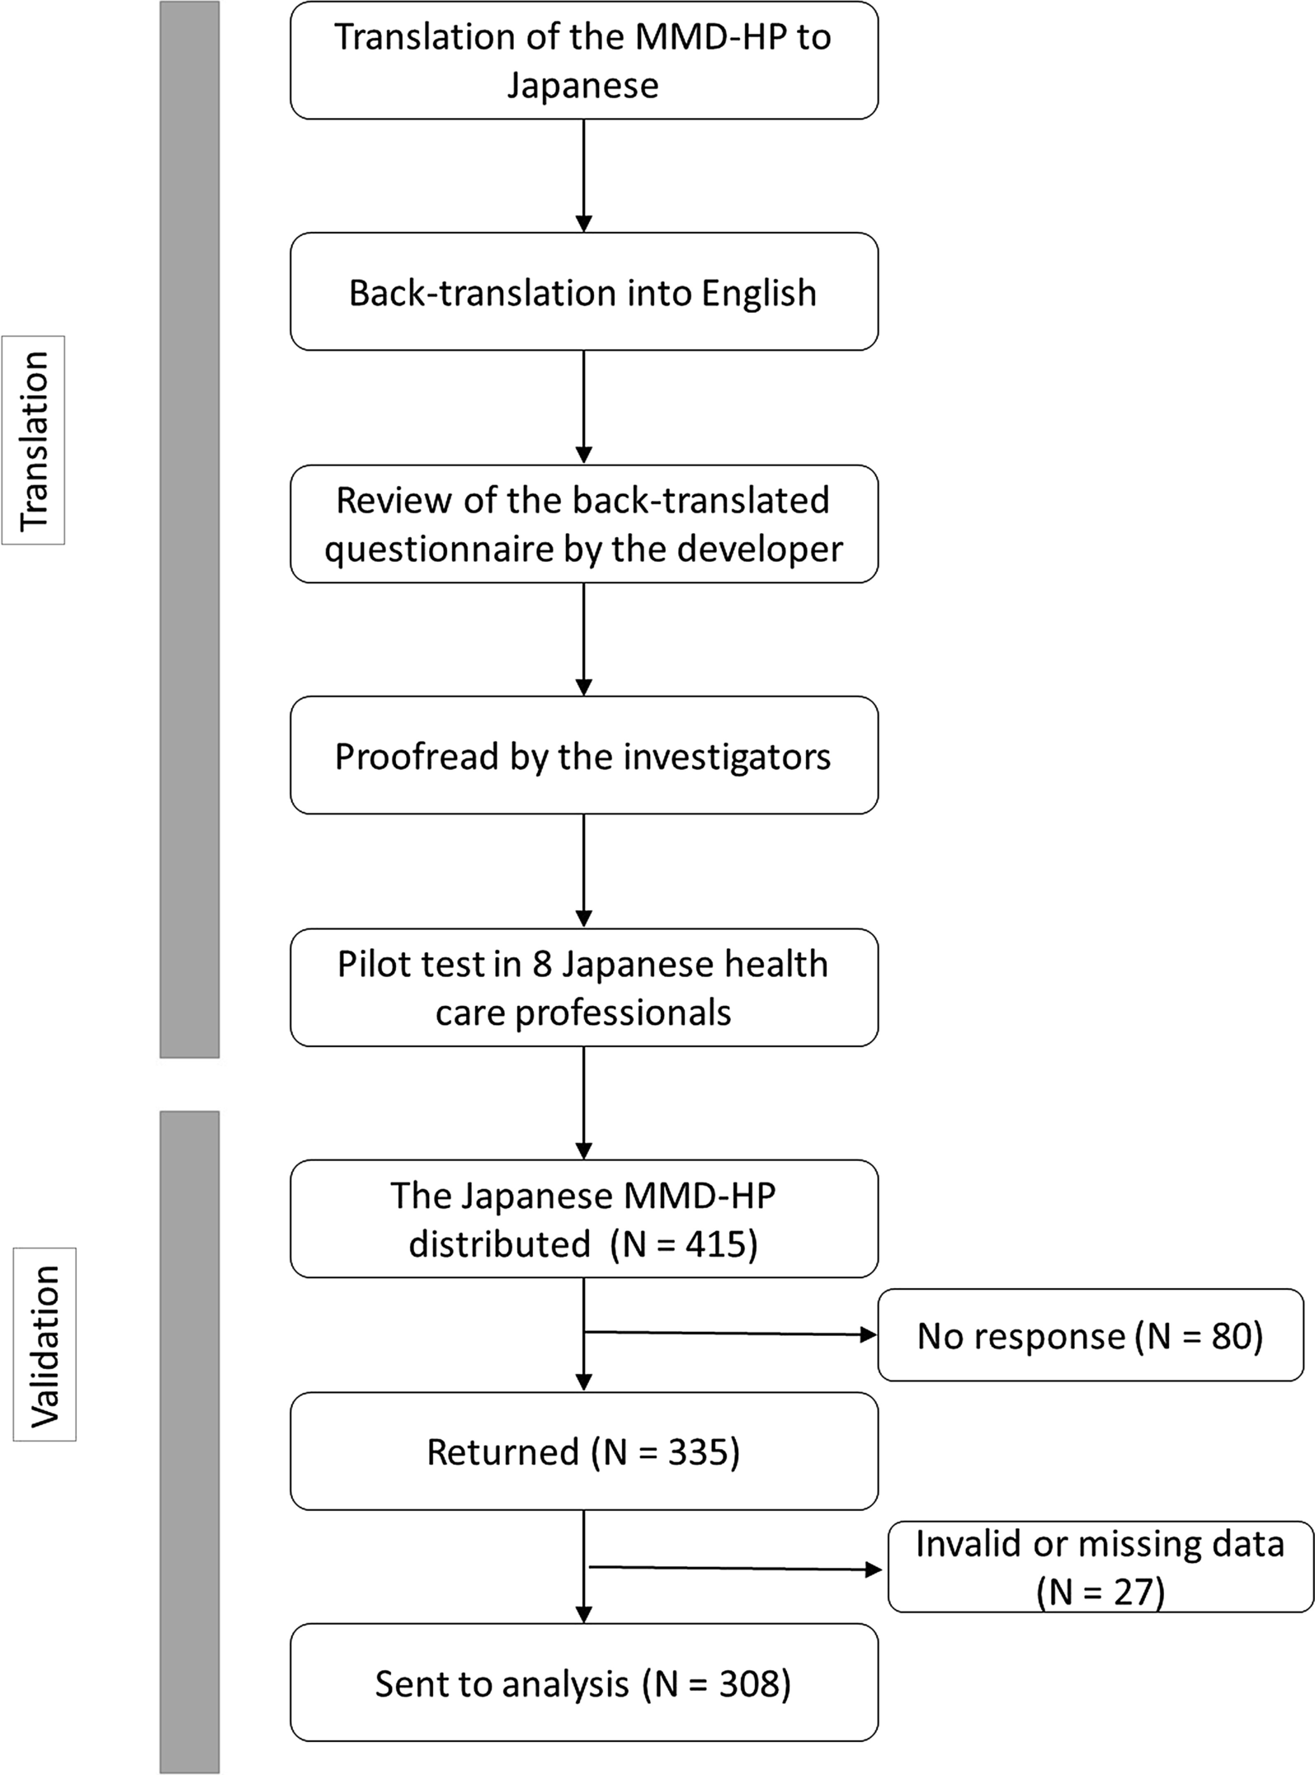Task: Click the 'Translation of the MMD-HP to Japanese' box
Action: coord(583,60)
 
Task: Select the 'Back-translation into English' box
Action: coord(583,292)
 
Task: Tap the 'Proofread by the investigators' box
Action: coord(583,756)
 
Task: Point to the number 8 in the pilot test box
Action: coord(541,964)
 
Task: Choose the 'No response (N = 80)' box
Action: coord(1090,1336)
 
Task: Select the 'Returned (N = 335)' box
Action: coord(583,1452)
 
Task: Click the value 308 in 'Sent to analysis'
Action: coord(747,1684)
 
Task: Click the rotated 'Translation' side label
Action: coord(34,440)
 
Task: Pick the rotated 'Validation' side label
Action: coord(45,1345)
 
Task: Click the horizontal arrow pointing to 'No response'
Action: coord(730,1334)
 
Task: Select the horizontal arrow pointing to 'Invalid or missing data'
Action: coord(734,1568)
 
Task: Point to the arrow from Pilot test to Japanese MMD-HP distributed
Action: coord(583,1102)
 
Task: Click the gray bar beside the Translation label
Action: coord(189,528)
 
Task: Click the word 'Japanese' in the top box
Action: coord(582,86)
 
